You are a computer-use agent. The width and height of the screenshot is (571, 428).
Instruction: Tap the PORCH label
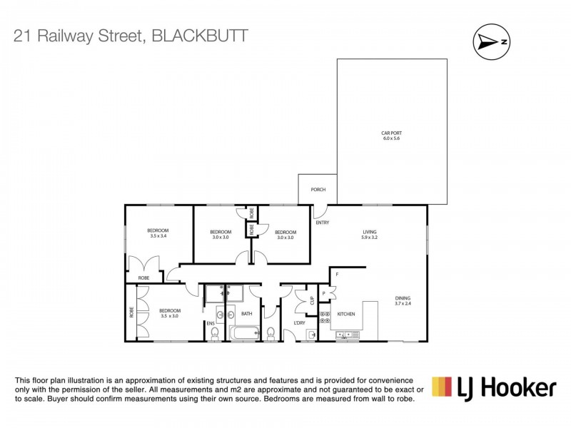pos(318,190)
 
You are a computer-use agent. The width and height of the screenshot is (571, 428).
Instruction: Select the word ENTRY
pos(323,223)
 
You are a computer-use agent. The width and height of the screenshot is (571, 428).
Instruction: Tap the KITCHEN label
pos(346,314)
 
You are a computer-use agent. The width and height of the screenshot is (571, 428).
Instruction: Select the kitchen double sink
pos(347,334)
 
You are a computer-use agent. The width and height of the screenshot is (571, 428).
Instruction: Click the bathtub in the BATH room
pos(246,332)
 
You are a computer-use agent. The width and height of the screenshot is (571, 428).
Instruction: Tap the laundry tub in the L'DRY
pos(313,333)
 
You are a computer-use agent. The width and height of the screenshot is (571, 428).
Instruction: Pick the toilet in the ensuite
pos(215,332)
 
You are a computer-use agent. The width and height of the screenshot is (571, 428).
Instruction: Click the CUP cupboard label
pos(311,300)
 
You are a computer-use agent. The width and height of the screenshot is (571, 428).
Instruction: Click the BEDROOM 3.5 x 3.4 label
pos(158,233)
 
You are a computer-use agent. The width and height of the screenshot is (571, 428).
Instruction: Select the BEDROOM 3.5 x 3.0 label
pos(169,313)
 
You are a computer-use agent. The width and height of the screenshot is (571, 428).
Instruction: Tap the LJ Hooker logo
pos(494,388)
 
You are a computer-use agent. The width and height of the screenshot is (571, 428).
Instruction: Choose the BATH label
pos(246,314)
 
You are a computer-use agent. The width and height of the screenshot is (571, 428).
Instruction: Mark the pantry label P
pos(324,293)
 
